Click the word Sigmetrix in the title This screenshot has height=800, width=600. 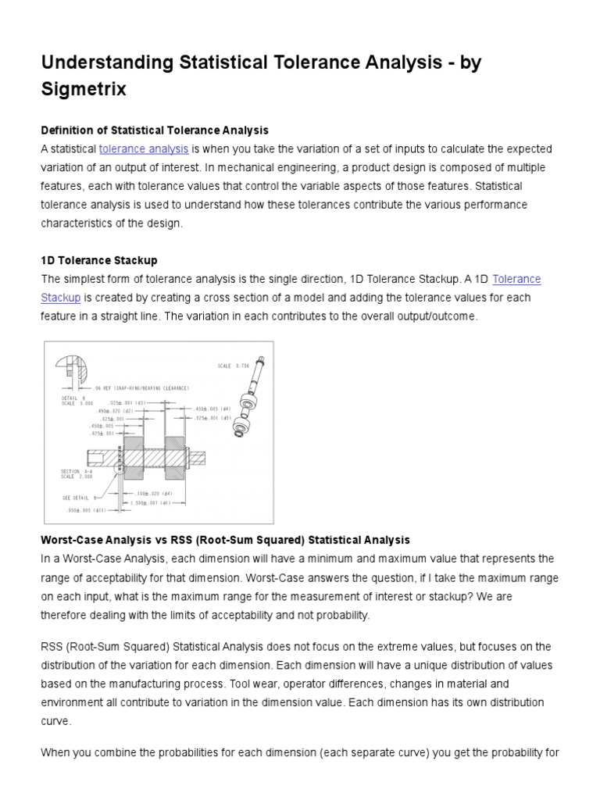84,90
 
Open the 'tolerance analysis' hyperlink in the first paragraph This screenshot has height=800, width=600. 144,148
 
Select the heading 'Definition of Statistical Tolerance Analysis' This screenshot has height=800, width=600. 155,130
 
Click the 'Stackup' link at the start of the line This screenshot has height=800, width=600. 61,298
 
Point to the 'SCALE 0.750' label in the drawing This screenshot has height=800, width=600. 234,366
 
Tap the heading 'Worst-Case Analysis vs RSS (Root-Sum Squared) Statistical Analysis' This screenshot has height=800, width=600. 225,540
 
